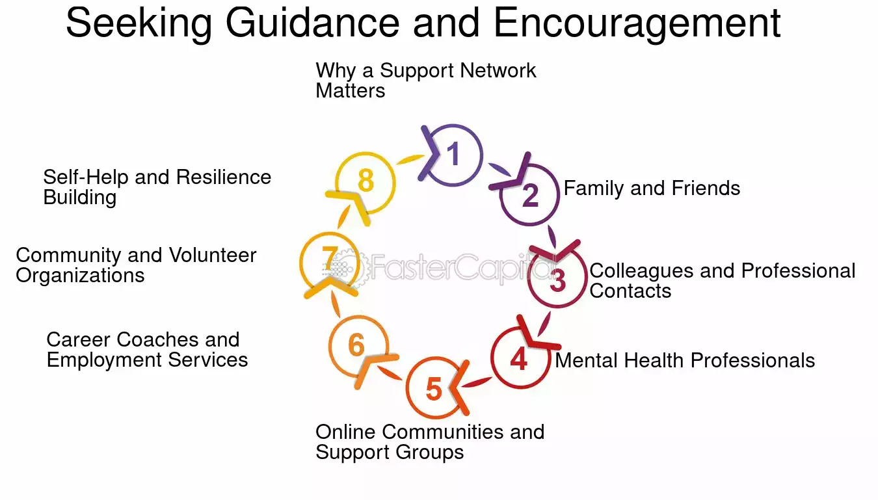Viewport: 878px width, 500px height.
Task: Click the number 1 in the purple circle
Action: tap(453, 153)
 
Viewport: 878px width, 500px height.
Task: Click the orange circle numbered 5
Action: tap(408, 388)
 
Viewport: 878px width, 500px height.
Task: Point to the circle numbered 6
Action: tap(330, 347)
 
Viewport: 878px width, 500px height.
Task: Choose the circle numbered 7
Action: tap(301, 263)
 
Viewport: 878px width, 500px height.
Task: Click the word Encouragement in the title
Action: tap(637, 23)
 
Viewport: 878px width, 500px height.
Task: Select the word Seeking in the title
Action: tap(139, 23)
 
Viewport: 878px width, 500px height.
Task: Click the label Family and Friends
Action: tap(652, 188)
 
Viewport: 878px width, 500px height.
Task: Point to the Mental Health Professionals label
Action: tap(685, 360)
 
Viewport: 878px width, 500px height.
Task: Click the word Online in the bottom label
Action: tap(346, 432)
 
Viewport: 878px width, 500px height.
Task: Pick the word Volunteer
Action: tap(213, 255)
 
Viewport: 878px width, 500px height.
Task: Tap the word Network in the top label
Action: tap(498, 70)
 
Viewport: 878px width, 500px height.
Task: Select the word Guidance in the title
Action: tap(313, 23)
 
